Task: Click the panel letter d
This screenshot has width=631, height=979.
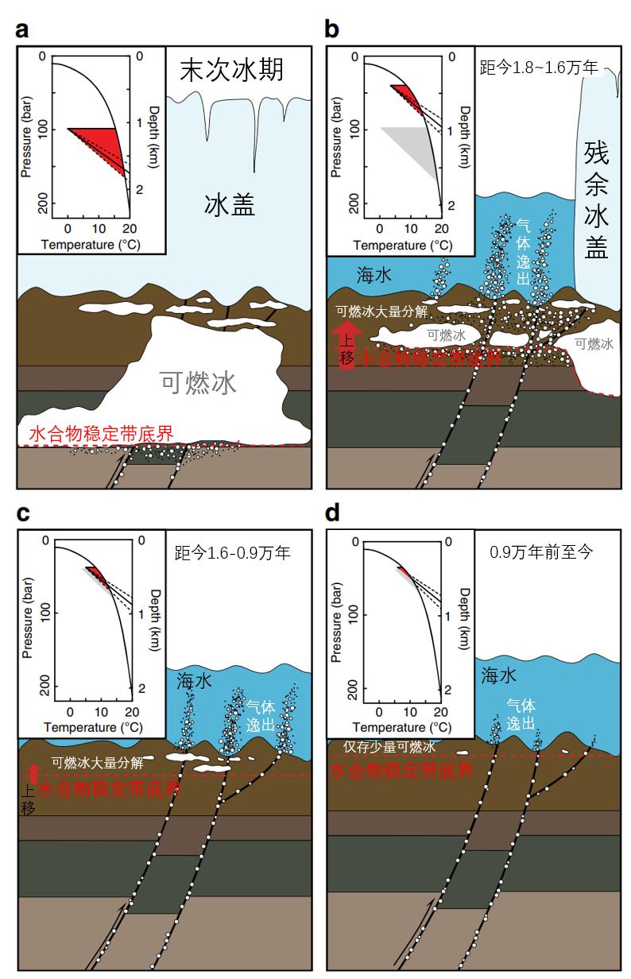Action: [333, 513]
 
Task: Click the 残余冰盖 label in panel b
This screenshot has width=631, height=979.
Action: [596, 199]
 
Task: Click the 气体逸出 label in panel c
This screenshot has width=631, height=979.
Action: [261, 714]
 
